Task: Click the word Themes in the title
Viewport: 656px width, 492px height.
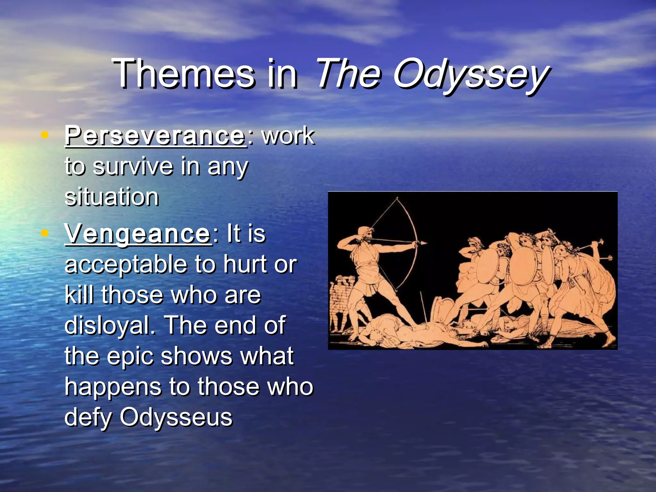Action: point(184,74)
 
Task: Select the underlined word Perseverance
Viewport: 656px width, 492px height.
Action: point(155,136)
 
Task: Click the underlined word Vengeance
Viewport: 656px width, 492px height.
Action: point(137,234)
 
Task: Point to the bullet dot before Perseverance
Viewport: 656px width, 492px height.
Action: point(45,135)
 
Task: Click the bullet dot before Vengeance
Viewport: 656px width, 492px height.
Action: point(45,233)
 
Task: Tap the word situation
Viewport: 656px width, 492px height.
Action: point(111,197)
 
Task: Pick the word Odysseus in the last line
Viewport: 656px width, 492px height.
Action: point(176,417)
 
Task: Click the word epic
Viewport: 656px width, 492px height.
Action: point(130,356)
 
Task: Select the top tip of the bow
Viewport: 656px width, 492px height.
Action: point(397,198)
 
